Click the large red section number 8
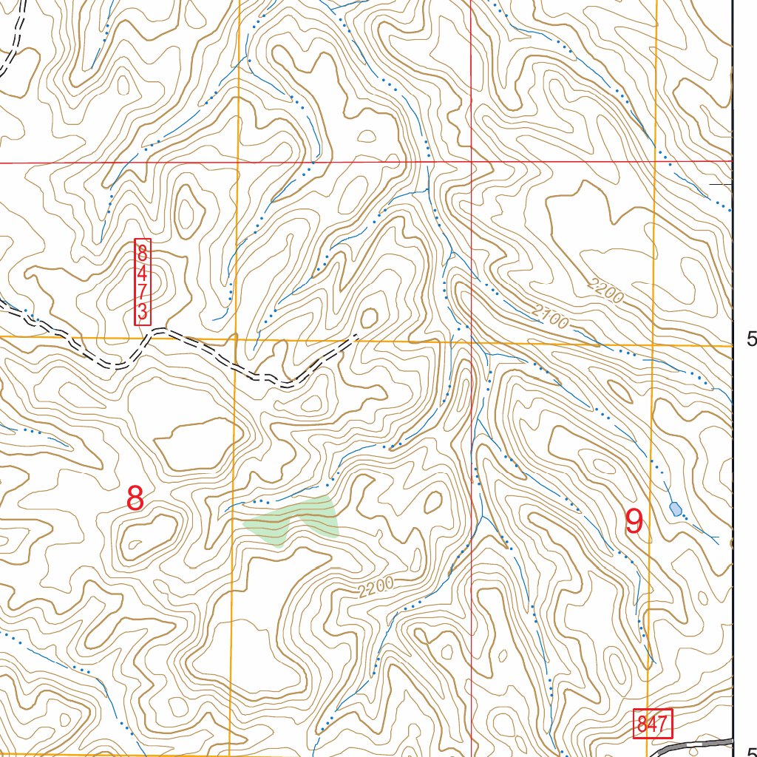click(135, 499)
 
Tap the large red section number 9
click(634, 523)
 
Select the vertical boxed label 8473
click(143, 282)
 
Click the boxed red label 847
click(653, 723)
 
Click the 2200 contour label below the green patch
click(375, 588)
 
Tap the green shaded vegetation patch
click(296, 518)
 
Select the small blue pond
click(675, 509)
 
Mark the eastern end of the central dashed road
click(357, 336)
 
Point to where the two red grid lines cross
click(471, 161)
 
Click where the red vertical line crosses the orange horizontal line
click(472, 342)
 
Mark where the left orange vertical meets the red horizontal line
click(238, 161)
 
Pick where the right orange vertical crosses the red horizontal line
click(656, 160)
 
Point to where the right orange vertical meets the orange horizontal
click(653, 344)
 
